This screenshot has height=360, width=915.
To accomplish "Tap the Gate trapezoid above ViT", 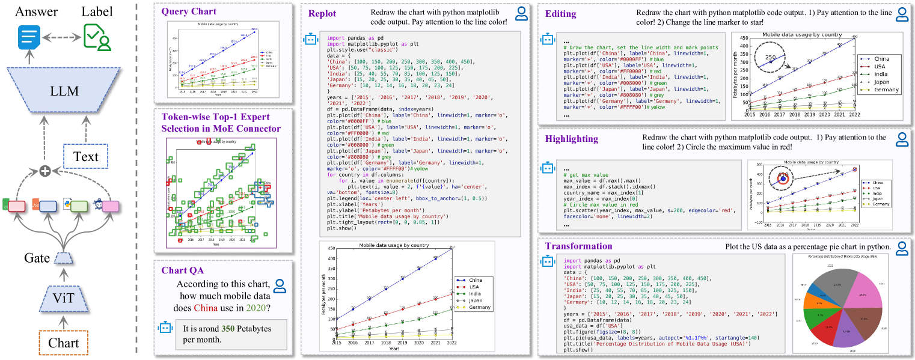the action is point(64,258).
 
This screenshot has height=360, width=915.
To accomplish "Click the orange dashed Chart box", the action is point(64,343).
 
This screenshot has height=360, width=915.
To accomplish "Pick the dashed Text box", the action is point(85,157).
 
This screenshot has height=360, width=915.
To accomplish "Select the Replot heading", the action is point(322,14).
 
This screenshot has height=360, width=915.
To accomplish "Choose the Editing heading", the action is point(560,14).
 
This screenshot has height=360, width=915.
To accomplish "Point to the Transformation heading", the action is point(578,246).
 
